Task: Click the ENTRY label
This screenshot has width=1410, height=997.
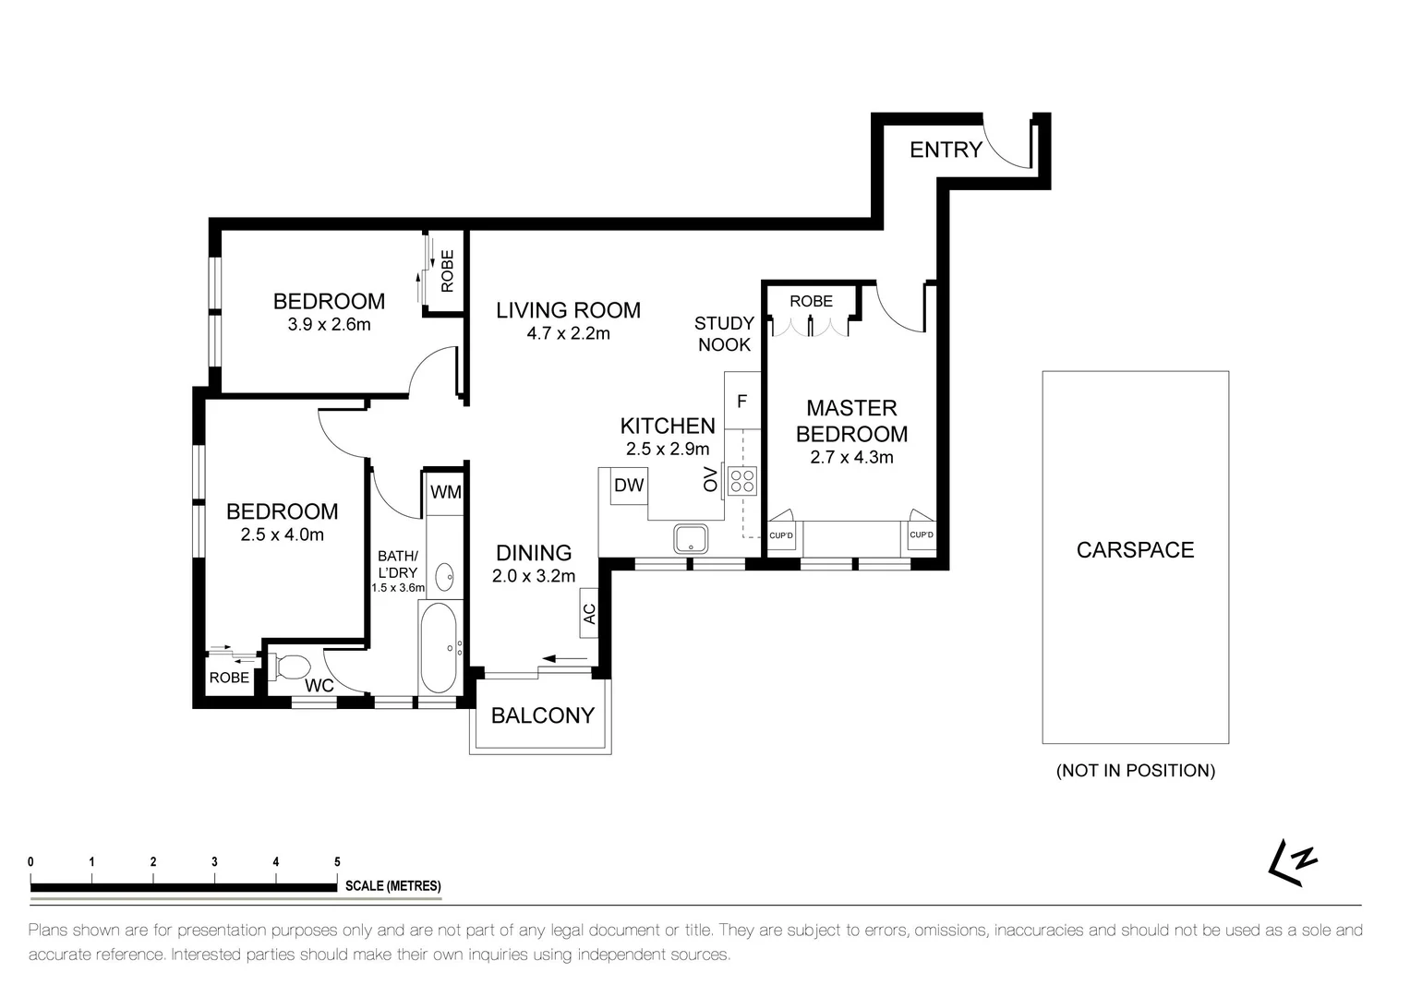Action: (x=946, y=150)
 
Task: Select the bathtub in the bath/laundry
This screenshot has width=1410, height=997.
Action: (x=439, y=648)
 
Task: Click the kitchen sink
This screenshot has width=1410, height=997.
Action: (x=691, y=539)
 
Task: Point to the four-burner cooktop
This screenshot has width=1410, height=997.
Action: (x=742, y=481)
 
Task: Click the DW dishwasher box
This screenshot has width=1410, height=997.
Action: (x=629, y=486)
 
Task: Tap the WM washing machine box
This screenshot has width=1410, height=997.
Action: (x=446, y=491)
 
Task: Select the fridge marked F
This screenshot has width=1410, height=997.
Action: (x=742, y=401)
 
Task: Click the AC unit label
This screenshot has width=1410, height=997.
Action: (x=589, y=614)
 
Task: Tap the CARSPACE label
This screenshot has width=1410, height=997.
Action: (x=1135, y=550)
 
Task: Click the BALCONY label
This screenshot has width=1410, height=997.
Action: (x=543, y=715)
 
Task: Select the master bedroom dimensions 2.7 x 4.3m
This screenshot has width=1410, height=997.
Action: (x=851, y=458)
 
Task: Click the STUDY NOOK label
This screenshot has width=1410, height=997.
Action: (x=724, y=334)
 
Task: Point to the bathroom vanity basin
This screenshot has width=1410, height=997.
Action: (x=445, y=577)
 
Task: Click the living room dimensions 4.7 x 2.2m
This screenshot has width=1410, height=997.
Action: (x=568, y=333)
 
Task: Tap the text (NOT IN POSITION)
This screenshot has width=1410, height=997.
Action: (x=1136, y=771)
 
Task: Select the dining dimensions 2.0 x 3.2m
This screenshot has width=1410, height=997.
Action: (x=534, y=576)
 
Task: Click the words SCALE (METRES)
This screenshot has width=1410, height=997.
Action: (x=392, y=885)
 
